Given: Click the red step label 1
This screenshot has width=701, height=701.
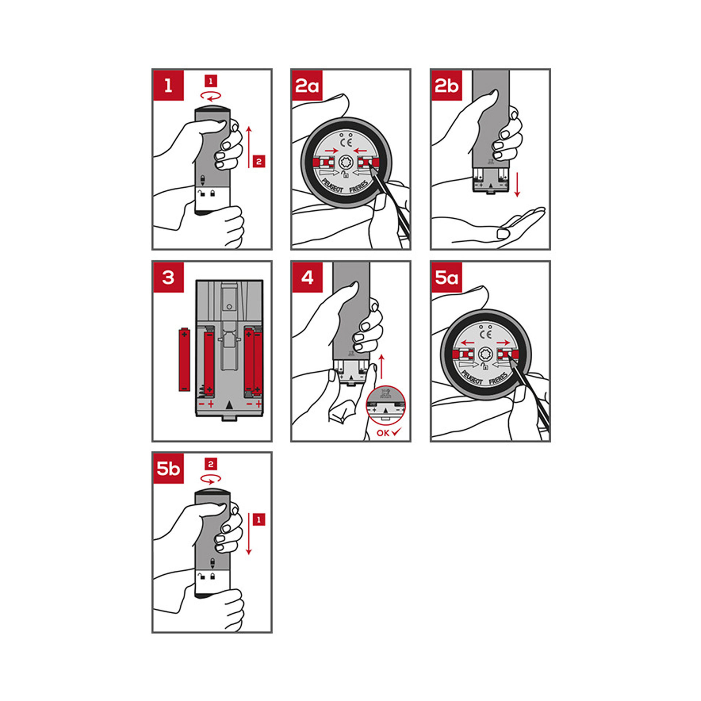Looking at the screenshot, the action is tap(168, 85).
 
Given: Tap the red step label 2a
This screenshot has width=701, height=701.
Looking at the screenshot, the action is tap(307, 85).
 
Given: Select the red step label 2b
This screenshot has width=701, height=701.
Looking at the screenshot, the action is tap(447, 85).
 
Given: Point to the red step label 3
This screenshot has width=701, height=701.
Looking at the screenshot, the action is tap(168, 277).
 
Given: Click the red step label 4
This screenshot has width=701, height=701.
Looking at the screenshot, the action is tap(307, 277).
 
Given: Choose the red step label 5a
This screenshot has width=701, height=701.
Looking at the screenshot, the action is tap(447, 277).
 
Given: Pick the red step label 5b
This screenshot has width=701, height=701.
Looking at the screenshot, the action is tap(168, 468).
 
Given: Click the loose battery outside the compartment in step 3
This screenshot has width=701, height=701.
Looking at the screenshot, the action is tap(184, 359).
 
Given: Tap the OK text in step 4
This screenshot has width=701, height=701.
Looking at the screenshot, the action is tap(383, 433).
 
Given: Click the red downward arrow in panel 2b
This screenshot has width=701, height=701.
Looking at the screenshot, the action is tap(517, 185).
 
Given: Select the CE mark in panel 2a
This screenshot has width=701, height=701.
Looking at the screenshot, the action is tap(346, 142).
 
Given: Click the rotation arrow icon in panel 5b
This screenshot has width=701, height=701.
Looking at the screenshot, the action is tap(211, 479).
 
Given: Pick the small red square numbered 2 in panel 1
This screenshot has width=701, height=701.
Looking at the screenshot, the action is tap(259, 161).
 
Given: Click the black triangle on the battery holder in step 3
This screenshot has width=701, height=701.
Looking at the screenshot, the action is tap(229, 405).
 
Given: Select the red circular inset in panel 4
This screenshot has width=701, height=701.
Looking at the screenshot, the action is tap(386, 406).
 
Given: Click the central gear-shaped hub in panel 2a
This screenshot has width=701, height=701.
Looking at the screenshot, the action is tap(346, 162).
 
